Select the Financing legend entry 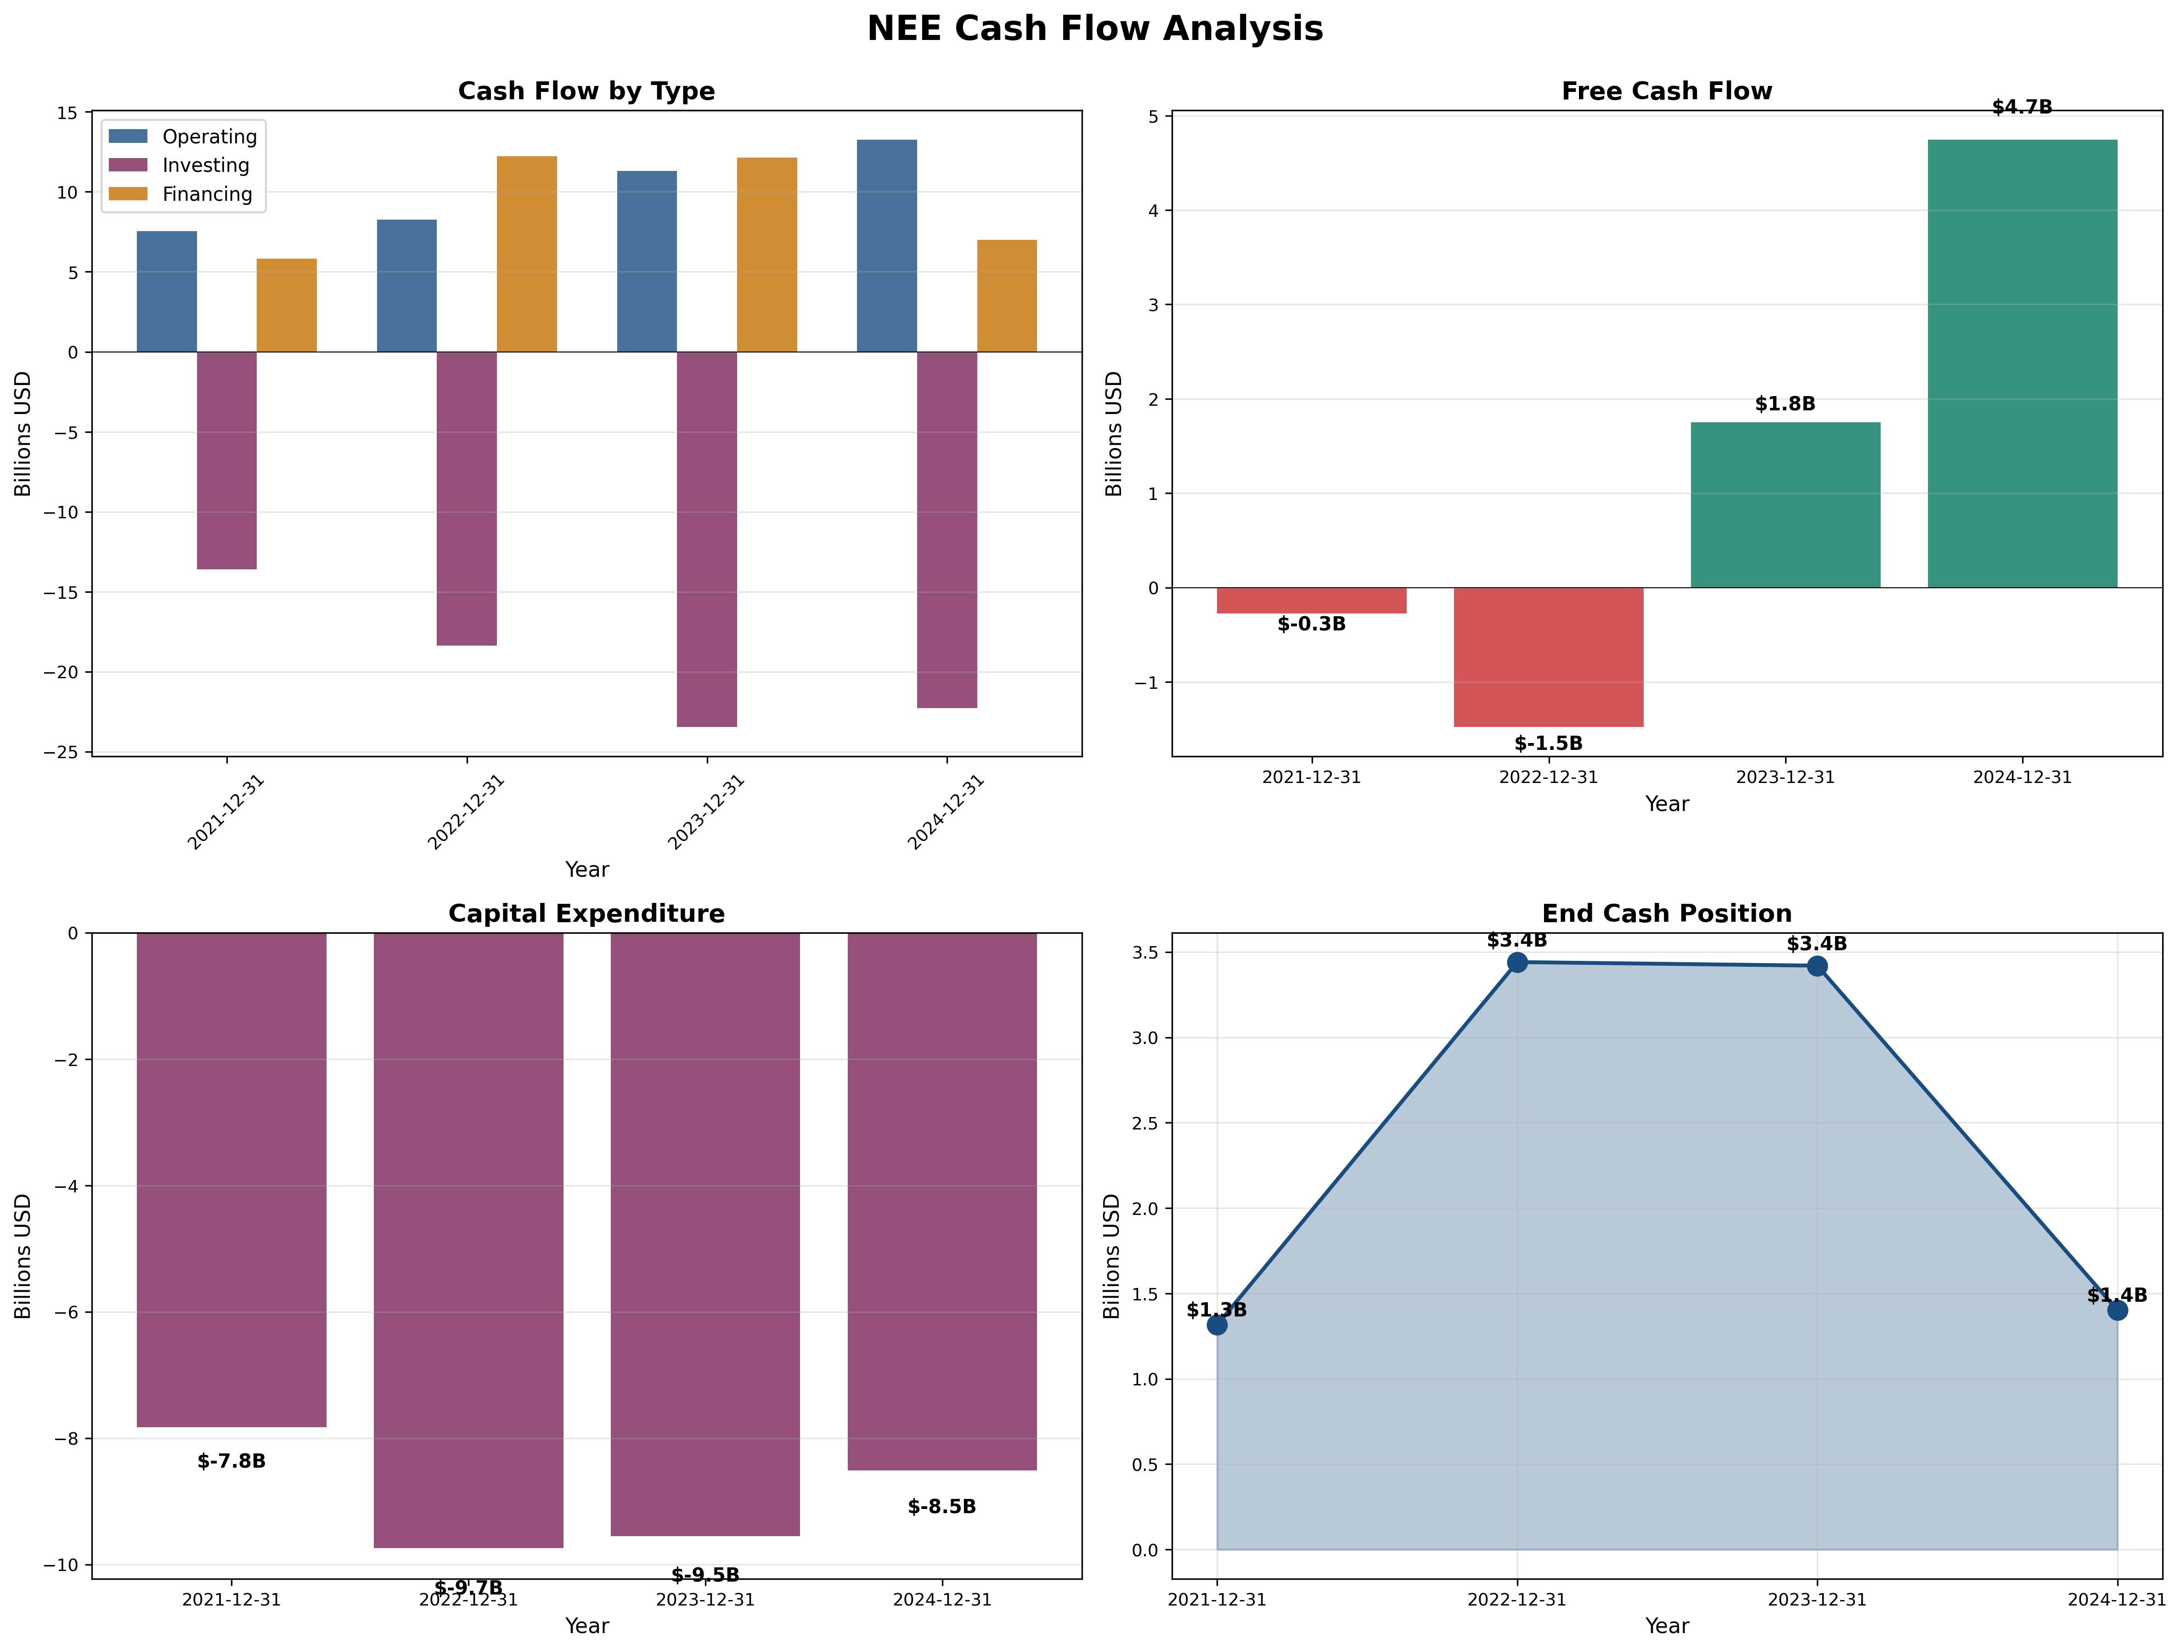pos(207,194)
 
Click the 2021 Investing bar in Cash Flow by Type pos(227,460)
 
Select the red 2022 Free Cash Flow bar pos(1548,657)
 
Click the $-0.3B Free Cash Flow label pos(1311,624)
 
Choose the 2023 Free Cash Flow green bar pos(1785,505)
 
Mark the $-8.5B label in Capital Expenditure pos(941,1507)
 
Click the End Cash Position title pos(1666,914)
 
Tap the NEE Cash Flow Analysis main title pos(1094,28)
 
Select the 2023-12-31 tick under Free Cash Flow pos(1785,777)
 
